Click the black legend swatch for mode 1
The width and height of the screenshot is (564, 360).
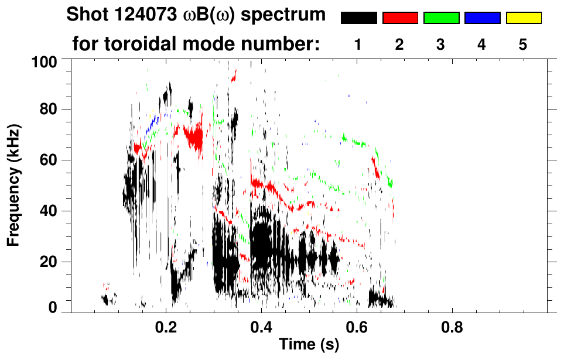[358, 18]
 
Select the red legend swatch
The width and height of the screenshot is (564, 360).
[400, 18]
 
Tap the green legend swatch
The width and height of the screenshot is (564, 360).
[441, 18]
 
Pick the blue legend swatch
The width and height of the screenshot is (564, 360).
[482, 18]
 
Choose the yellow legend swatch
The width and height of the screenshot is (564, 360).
[524, 18]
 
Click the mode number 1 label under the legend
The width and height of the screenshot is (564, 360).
[358, 44]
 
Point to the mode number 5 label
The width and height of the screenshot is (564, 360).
[523, 44]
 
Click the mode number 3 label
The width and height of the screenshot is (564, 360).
[440, 44]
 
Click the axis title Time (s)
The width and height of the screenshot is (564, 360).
[309, 345]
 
